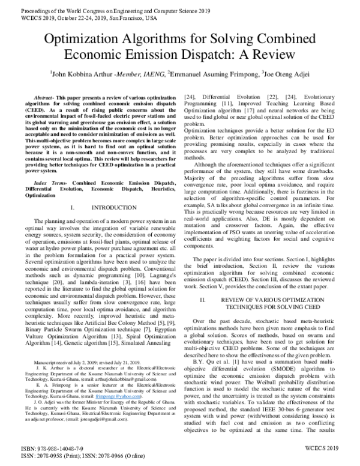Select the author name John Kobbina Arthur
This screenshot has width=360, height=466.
point(76,74)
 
